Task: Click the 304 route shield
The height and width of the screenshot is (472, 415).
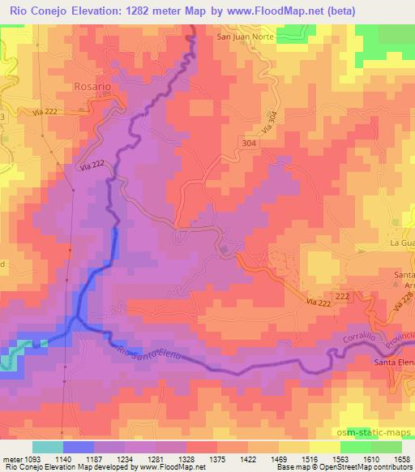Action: click(250, 143)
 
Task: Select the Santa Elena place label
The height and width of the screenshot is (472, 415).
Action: click(393, 362)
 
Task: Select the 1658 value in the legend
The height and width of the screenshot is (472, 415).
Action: click(401, 458)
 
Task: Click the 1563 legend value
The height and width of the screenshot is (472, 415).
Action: click(327, 458)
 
